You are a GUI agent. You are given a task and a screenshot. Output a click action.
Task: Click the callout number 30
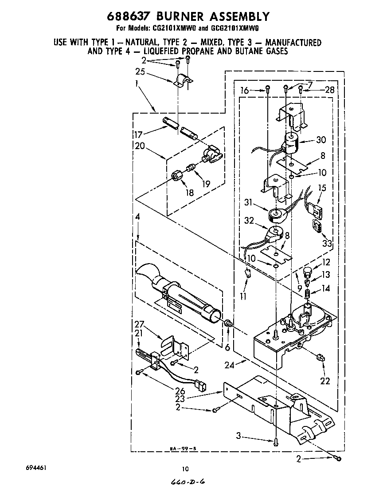pyautogui.click(x=321, y=140)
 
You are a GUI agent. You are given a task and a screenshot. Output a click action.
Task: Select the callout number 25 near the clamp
pyautogui.click(x=140, y=72)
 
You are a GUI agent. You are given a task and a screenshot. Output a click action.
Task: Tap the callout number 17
pyautogui.click(x=141, y=134)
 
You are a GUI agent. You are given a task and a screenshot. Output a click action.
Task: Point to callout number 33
pyautogui.click(x=327, y=243)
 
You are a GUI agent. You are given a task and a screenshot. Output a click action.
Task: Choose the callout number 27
pyautogui.click(x=140, y=324)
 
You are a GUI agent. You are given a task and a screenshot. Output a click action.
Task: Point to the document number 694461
pyautogui.click(x=37, y=468)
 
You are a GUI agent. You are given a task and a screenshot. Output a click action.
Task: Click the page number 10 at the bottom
pyautogui.click(x=185, y=469)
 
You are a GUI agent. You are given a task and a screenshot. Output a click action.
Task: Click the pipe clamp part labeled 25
pyautogui.click(x=182, y=82)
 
